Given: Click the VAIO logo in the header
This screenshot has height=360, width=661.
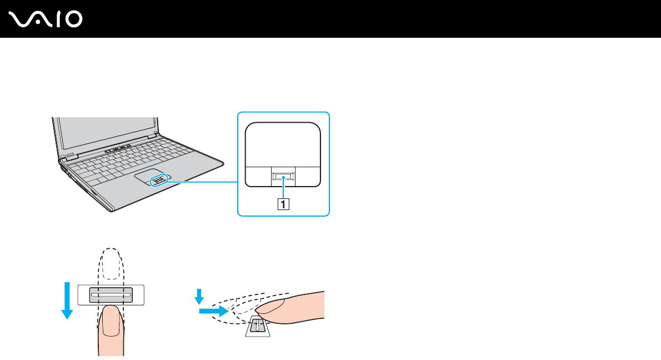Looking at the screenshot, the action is pos(46,19).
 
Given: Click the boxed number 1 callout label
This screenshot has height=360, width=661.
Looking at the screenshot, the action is pos(283,204).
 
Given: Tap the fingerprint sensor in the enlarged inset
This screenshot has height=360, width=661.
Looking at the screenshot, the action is pos(283,177).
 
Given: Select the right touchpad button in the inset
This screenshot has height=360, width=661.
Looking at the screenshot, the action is pos(308,176).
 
